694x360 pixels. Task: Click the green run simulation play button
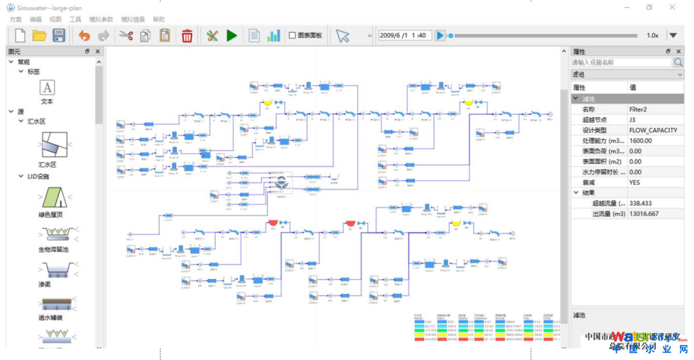coord(232,35)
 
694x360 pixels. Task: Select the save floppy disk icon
coord(58,35)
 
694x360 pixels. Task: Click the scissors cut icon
coord(125,35)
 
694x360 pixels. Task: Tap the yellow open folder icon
coord(39,35)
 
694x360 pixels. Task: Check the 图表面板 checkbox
coord(292,35)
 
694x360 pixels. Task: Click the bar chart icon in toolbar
coord(274,35)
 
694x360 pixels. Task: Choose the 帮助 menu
coord(159,19)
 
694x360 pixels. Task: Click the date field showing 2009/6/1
coord(404,35)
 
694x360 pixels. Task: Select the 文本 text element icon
coord(47,88)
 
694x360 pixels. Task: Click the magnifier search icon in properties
coord(678,62)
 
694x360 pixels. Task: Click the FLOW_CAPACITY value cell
coord(653,130)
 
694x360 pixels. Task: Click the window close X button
coord(672,7)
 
